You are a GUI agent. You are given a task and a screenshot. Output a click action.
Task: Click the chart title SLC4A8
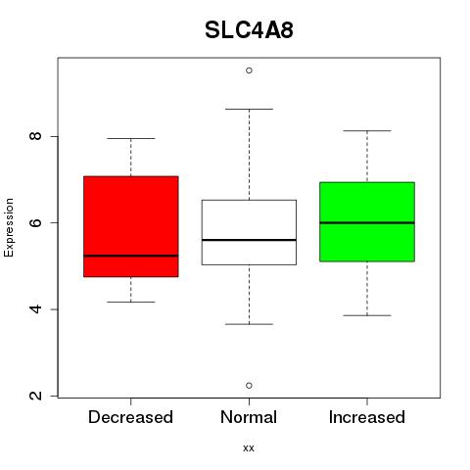tap(249, 30)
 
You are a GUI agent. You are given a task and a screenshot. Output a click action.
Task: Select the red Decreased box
tap(131, 226)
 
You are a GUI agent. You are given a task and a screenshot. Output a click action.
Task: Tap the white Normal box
tap(249, 232)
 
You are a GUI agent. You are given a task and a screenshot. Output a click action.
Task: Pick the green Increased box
tap(367, 222)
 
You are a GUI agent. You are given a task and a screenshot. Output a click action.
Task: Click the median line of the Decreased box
tap(131, 256)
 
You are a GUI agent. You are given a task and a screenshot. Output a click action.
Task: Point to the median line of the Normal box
tap(249, 240)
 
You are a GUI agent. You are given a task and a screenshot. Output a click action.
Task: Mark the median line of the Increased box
tap(367, 223)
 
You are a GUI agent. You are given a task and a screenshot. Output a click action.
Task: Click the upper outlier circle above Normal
tap(249, 70)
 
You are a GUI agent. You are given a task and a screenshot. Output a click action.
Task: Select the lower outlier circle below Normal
tap(249, 386)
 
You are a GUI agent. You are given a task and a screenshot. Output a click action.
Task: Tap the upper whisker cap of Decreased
tap(131, 138)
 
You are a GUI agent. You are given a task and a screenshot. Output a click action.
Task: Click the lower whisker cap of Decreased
tap(131, 302)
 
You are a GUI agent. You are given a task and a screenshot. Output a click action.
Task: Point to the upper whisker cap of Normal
tap(249, 109)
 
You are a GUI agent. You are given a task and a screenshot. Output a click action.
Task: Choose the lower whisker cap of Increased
tap(367, 315)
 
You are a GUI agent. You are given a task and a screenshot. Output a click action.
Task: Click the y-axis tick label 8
tap(36, 136)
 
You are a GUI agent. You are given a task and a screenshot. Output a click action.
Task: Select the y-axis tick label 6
tap(36, 222)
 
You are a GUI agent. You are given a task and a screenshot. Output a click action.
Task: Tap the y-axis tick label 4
tap(36, 309)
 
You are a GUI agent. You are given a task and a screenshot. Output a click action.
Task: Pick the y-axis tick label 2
tap(36, 396)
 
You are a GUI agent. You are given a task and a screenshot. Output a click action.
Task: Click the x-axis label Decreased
tap(130, 417)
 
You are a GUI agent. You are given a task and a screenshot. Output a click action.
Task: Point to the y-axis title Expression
tap(9, 227)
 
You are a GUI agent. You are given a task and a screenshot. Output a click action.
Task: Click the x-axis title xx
tap(249, 448)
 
